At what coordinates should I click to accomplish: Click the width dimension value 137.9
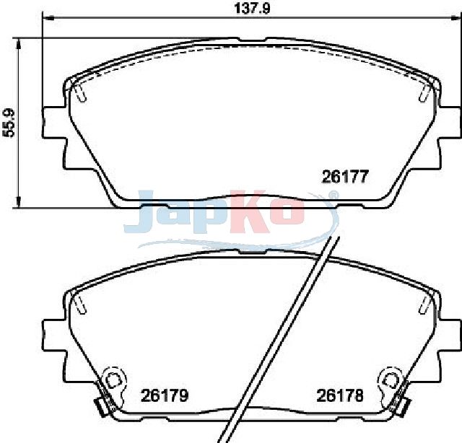pos(252,8)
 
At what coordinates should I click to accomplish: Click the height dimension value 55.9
pos(8,123)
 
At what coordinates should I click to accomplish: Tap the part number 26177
pos(345,177)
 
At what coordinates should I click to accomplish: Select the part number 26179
pos(165,395)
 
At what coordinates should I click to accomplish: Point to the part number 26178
pos(340,395)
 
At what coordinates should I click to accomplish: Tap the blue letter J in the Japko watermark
pos(139,211)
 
